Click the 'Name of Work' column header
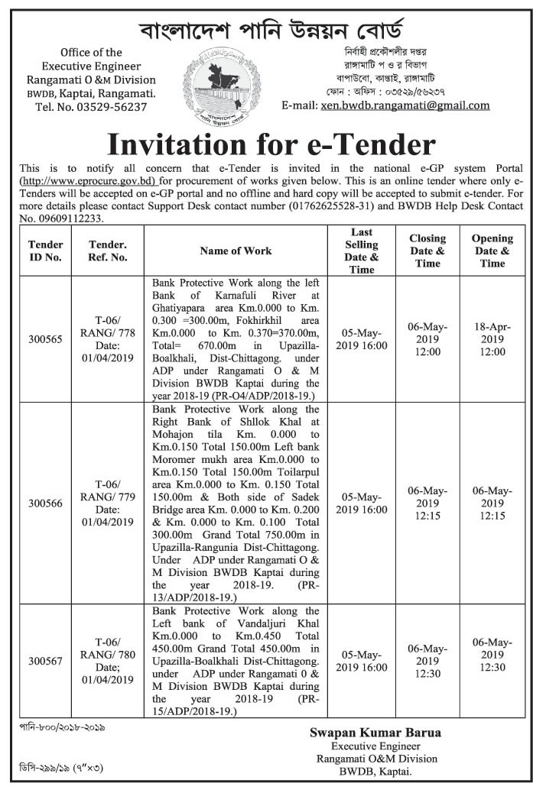click(x=236, y=251)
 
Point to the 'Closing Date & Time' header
click(x=427, y=251)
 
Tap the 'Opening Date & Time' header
click(x=492, y=251)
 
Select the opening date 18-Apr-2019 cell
click(x=492, y=339)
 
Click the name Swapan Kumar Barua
click(x=375, y=733)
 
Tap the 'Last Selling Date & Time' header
click(x=362, y=251)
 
